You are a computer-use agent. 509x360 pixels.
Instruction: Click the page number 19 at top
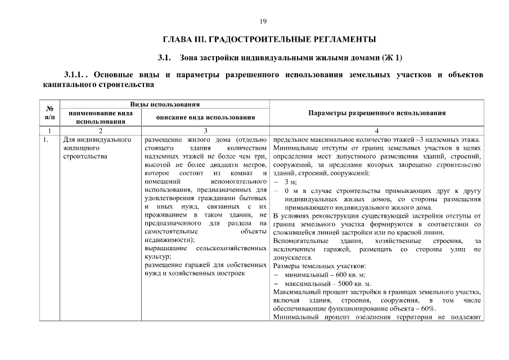263,21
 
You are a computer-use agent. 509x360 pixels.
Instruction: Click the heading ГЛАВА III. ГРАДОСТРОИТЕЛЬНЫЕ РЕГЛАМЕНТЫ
269,39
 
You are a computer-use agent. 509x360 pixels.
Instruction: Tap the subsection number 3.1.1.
76,75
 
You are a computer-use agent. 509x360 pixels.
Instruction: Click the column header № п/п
49,112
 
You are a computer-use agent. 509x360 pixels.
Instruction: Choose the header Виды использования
164,105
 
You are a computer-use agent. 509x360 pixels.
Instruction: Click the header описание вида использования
205,117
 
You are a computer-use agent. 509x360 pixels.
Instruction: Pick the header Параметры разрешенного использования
377,112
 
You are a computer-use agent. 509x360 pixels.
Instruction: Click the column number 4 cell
377,130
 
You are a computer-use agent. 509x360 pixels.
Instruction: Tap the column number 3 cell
205,130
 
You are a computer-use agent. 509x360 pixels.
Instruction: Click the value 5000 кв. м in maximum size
352,283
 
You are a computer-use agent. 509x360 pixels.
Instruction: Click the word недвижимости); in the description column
169,240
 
